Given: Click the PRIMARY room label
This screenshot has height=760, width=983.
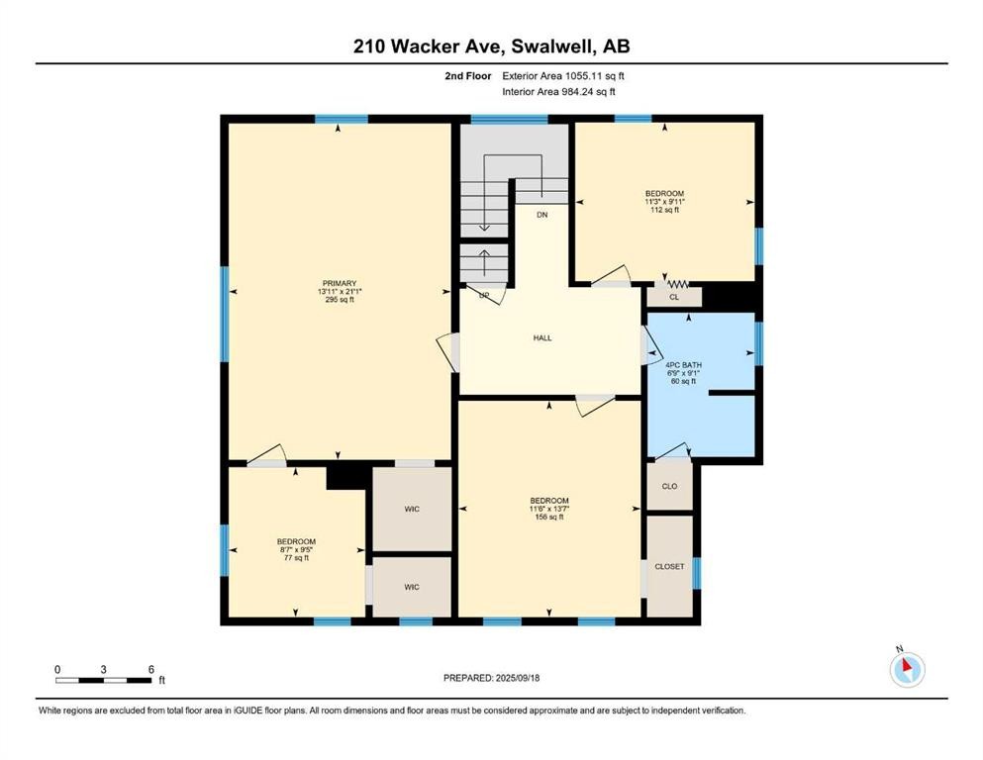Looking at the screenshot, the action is (340, 283).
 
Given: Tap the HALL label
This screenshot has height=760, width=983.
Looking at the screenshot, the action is (542, 337).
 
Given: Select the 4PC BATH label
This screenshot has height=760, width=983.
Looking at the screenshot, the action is (683, 364).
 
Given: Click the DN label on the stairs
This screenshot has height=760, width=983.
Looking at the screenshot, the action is (542, 215).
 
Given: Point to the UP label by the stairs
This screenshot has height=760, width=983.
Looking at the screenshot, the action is (484, 295).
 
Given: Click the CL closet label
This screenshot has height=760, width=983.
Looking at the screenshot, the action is (674, 297).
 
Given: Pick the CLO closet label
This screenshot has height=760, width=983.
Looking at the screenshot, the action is (669, 486).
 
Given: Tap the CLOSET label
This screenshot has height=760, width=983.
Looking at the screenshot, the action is (669, 566).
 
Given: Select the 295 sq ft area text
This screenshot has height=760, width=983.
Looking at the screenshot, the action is (340, 300).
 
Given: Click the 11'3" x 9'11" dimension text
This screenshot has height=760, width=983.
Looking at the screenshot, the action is (664, 202).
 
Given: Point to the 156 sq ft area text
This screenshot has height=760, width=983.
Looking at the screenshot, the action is (549, 517).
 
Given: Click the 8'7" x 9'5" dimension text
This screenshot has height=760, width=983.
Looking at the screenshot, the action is (296, 549).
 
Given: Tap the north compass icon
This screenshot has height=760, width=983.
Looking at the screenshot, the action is (907, 669).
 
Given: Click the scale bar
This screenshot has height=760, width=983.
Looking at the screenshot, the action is (103, 680).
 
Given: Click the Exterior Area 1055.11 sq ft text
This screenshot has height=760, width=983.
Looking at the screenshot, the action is (563, 76).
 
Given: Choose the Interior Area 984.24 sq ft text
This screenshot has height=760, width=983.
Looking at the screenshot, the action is (558, 91).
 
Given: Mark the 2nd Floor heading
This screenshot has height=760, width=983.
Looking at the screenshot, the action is (467, 76).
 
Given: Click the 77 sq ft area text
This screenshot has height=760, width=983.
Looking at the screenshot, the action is (296, 557).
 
